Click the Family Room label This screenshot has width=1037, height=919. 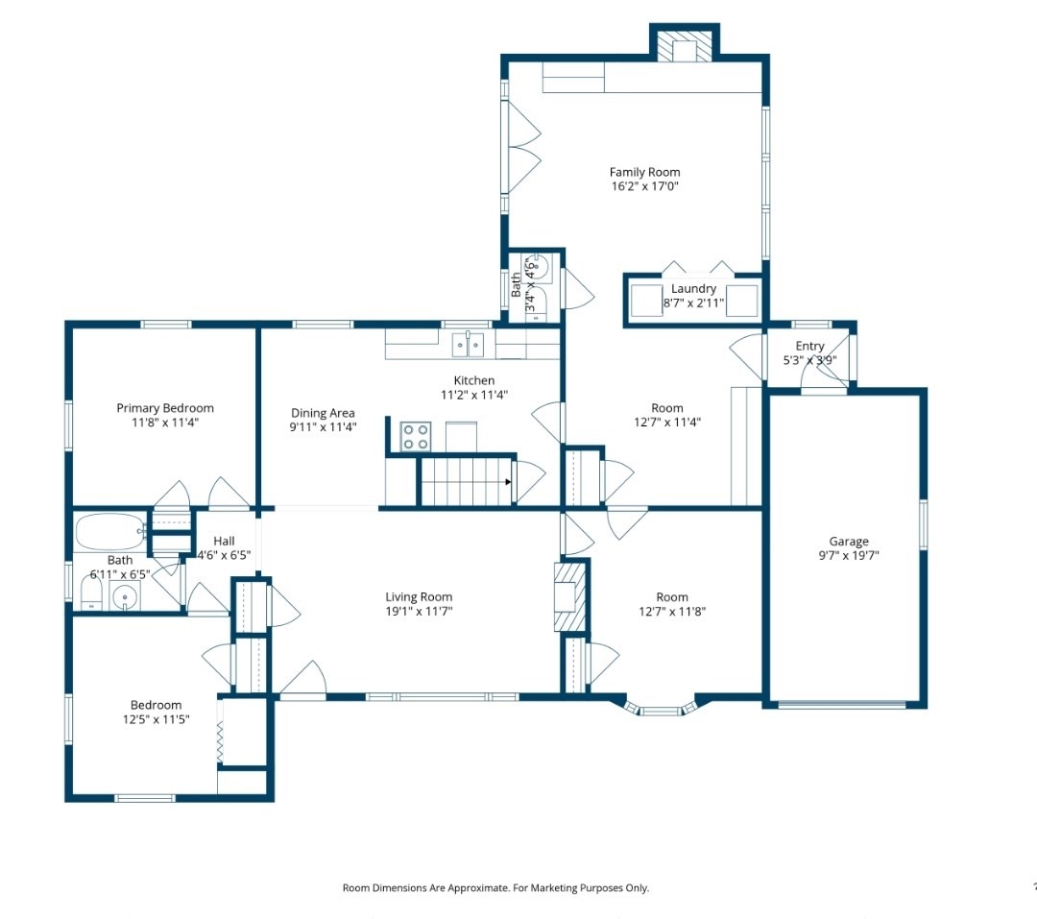(645, 172)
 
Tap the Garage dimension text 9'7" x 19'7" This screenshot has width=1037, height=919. (849, 556)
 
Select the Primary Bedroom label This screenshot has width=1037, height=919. (165, 408)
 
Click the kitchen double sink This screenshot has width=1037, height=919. (469, 345)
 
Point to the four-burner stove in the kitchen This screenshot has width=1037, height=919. (416, 437)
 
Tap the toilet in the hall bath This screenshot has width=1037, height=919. (91, 593)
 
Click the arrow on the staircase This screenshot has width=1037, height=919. (508, 482)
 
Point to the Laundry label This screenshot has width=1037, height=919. (694, 288)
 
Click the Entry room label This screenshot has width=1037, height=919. (809, 346)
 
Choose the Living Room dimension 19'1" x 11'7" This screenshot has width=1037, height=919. (419, 612)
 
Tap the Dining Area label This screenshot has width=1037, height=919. (323, 413)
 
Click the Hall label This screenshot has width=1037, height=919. (224, 541)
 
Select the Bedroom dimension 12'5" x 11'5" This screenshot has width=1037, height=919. (157, 719)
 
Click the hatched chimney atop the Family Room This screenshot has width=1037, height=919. (685, 46)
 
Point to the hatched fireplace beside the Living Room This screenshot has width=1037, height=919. (570, 596)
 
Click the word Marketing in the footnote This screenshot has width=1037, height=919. (554, 888)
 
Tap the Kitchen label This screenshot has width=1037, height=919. (474, 380)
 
